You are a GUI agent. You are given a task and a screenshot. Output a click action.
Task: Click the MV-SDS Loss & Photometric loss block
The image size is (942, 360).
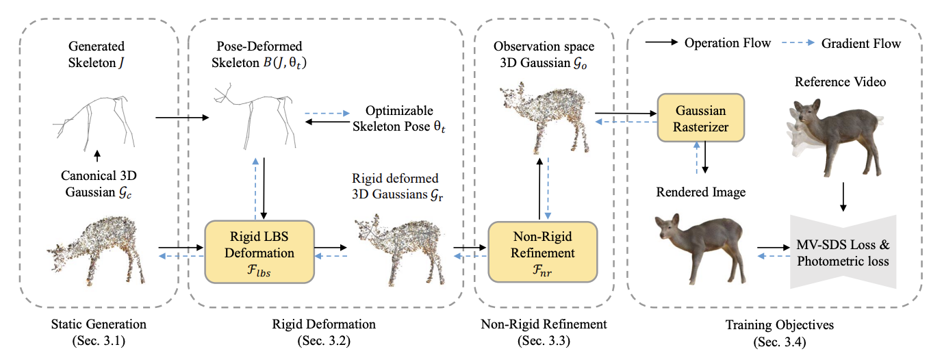tap(843, 253)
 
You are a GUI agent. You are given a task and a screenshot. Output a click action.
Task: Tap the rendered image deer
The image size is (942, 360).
tap(699, 247)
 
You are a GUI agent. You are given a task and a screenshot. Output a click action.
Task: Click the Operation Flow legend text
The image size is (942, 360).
tap(728, 43)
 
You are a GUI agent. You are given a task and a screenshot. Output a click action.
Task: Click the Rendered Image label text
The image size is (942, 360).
tap(701, 192)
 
